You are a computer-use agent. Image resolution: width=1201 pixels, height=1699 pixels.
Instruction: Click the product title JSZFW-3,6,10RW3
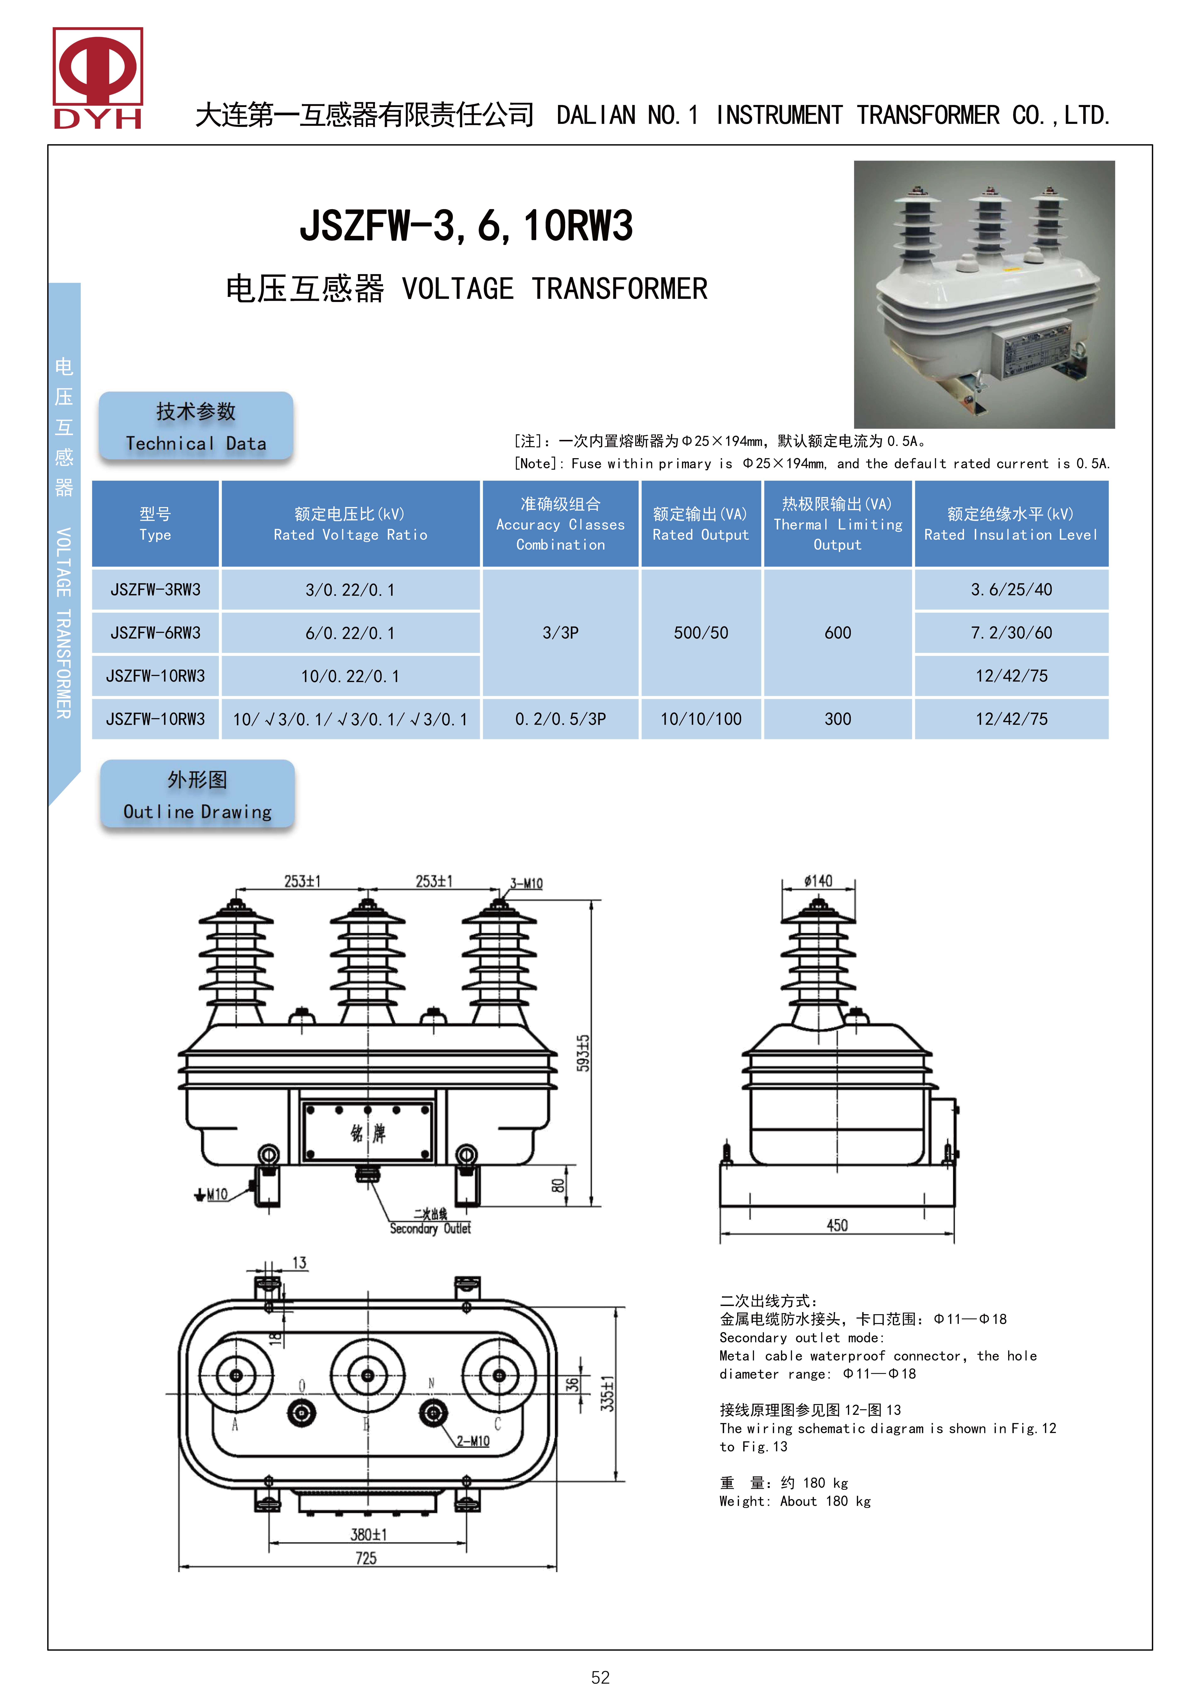point(466,226)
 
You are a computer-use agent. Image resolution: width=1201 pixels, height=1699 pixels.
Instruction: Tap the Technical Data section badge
point(196,426)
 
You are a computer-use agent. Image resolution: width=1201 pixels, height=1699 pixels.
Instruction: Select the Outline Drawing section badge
point(198,794)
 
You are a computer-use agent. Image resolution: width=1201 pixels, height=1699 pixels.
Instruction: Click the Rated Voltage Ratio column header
point(351,524)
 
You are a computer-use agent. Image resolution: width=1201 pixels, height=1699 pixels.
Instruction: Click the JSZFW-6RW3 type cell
point(155,633)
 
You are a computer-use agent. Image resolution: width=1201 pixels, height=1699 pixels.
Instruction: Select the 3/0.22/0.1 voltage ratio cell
point(351,590)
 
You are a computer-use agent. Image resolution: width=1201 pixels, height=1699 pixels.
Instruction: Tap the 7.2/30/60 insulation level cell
point(1011,633)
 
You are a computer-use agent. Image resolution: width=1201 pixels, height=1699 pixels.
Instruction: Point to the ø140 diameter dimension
point(818,881)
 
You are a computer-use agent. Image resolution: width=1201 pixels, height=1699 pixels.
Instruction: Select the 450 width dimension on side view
point(837,1226)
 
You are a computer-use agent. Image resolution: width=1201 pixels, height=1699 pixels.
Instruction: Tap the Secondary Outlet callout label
point(430,1229)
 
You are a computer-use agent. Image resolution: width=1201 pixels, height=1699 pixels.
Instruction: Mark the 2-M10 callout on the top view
point(473,1441)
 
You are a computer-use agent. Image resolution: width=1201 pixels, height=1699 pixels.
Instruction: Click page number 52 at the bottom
point(600,1678)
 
